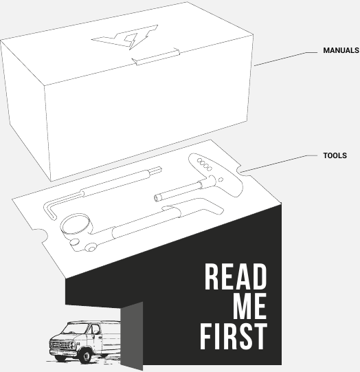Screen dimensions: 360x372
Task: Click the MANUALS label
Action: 341,50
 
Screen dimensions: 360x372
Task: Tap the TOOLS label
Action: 335,155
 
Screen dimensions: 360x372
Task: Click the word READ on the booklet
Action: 236,276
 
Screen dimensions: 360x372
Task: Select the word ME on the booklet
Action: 250,306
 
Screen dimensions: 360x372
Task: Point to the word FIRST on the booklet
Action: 234,336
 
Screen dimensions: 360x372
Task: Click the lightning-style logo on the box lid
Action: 125,37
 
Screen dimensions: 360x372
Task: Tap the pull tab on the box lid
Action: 156,56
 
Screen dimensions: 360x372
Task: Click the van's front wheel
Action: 85,356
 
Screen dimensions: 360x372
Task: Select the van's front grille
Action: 60,345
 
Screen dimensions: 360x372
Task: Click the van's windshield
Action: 74,329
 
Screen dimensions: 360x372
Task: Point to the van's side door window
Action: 95,329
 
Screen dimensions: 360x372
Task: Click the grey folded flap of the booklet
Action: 132,336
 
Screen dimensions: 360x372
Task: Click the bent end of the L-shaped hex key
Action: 49,210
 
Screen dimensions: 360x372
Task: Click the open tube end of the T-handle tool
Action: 157,197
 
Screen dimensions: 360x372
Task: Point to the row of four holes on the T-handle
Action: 204,164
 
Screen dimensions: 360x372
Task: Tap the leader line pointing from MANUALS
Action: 286,59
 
